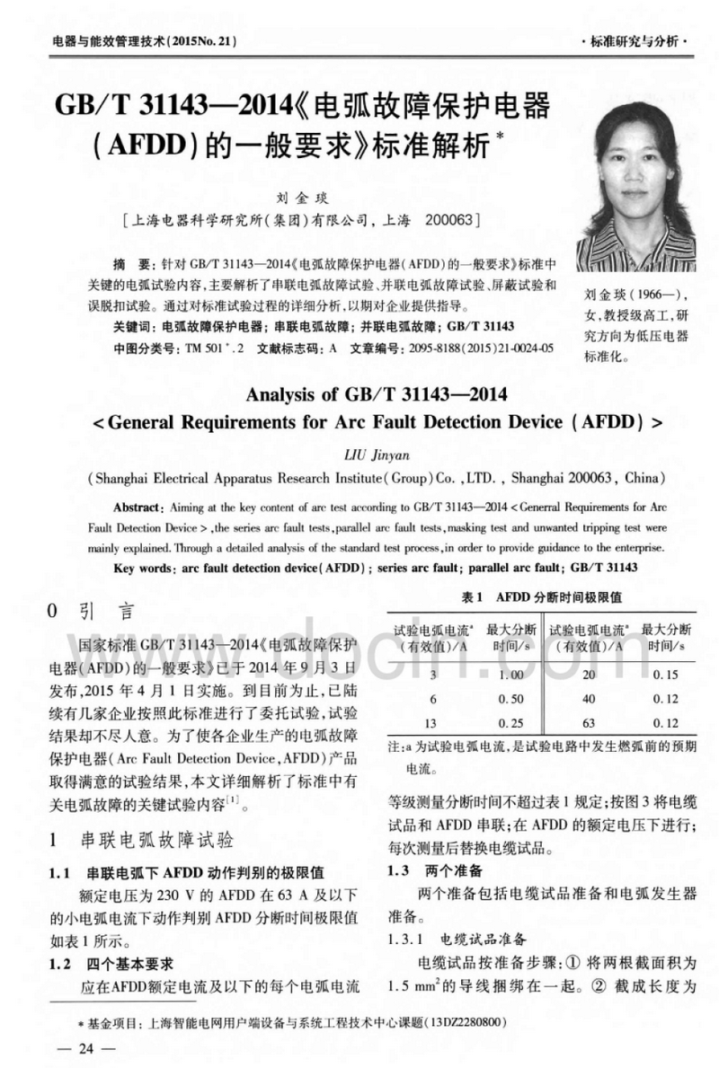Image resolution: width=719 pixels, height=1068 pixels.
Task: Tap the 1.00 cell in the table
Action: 511,675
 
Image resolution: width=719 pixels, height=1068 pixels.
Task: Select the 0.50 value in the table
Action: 511,699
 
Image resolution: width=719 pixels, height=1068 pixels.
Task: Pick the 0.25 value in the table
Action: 511,723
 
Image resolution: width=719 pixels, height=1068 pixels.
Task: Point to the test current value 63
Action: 589,723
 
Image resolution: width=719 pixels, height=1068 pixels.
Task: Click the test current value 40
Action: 589,699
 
